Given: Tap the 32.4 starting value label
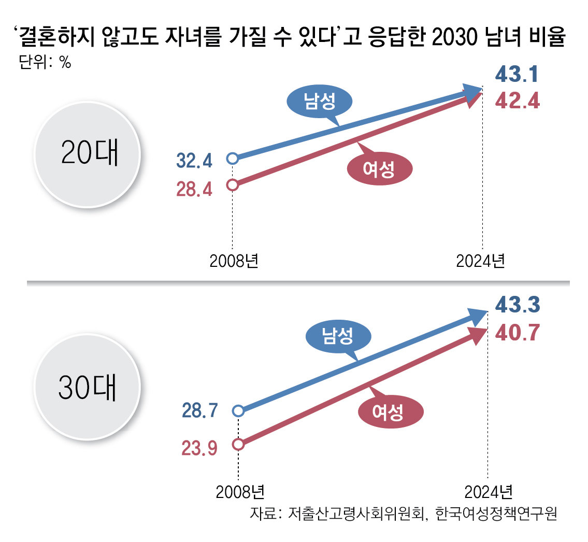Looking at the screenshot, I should pyautogui.click(x=194, y=161).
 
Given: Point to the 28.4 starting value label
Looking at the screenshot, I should pyautogui.click(x=194, y=189).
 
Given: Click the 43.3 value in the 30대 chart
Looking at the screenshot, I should pyautogui.click(x=518, y=304).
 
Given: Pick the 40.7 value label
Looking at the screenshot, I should pyautogui.click(x=518, y=330).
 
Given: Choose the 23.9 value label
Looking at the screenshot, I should pyautogui.click(x=199, y=446).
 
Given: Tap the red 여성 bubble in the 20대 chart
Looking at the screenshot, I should pyautogui.click(x=379, y=169).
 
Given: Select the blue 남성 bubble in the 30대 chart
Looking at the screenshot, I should pyautogui.click(x=338, y=337).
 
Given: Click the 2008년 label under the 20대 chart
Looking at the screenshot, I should pyautogui.click(x=234, y=261).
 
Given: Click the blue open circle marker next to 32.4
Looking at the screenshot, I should pyautogui.click(x=233, y=158).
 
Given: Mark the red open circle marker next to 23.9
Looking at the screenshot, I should pyautogui.click(x=238, y=444).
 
